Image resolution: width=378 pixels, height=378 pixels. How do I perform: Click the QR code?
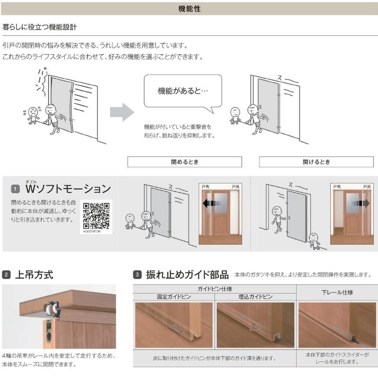click(x=96, y=215)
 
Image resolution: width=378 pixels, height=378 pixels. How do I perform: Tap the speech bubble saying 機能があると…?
click(x=182, y=91)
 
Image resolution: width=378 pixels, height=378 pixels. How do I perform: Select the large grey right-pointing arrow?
click(x=121, y=112)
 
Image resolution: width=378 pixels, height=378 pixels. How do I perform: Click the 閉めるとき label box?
click(x=184, y=162)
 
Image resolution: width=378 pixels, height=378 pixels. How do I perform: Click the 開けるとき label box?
click(x=316, y=162)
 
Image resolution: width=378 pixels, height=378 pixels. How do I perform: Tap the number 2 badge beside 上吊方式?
click(x=6, y=275)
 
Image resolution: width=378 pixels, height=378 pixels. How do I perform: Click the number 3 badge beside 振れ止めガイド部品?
click(x=137, y=275)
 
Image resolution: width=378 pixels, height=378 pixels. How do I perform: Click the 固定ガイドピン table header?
click(x=173, y=297)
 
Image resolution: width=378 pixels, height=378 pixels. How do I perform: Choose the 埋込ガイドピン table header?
click(x=256, y=297)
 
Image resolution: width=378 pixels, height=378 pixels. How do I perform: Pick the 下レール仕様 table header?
click(x=337, y=292)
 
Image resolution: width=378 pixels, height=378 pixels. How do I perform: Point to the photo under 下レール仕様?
click(x=337, y=325)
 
